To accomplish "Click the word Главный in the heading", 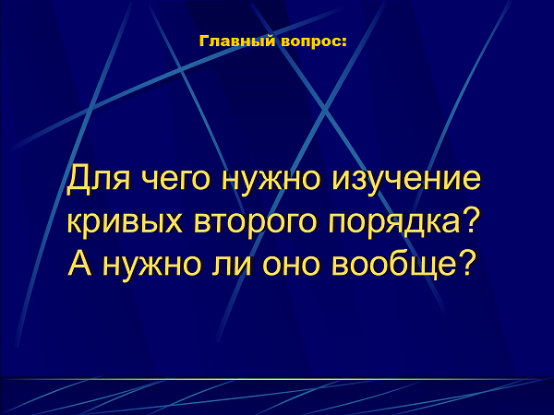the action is point(237,41).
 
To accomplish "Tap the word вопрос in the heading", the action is point(310,42).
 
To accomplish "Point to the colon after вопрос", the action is point(343,42).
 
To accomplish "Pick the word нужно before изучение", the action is point(271,179).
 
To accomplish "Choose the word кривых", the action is point(125,223).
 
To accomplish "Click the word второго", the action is point(255,223).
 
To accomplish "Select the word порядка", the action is point(394,223).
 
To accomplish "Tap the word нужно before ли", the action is point(152,265).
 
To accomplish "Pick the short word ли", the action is point(232,265).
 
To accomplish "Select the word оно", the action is point(291,265).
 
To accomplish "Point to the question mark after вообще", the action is point(464,262).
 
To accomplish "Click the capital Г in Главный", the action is point(204,41).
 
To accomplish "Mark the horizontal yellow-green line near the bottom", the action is point(277,379).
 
